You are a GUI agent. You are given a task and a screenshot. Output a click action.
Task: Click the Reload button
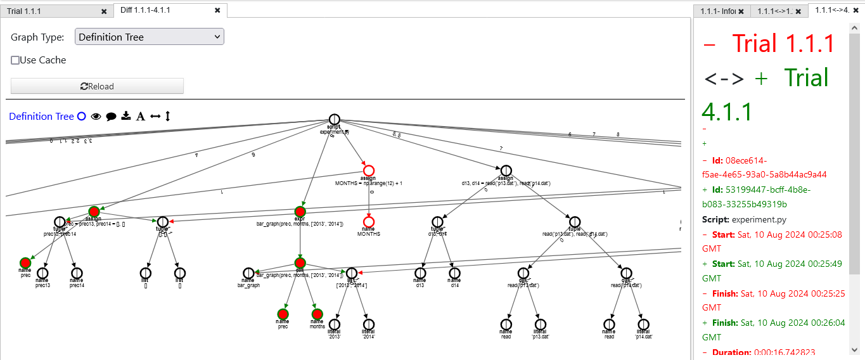click(x=97, y=86)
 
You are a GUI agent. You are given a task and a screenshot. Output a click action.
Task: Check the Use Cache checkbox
click(x=15, y=60)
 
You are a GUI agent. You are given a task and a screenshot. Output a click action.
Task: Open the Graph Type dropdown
click(x=150, y=37)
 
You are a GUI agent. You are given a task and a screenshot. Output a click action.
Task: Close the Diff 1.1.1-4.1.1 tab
click(x=217, y=10)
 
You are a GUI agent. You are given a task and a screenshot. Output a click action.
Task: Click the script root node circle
click(x=335, y=120)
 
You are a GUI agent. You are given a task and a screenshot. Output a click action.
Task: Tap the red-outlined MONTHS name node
click(x=369, y=222)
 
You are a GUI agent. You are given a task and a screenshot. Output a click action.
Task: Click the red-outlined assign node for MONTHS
click(x=369, y=170)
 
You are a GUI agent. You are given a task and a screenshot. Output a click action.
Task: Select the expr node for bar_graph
click(x=300, y=211)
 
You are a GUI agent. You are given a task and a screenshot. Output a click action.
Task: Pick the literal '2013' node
click(x=335, y=324)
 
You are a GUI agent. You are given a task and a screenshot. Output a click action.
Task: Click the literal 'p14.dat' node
click(x=643, y=324)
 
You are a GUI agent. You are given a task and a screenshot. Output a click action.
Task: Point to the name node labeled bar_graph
click(x=248, y=273)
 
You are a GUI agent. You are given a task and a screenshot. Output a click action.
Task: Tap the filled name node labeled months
click(x=317, y=314)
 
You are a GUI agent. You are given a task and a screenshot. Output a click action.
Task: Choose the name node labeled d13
click(x=420, y=273)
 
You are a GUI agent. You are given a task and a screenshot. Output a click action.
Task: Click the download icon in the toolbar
click(x=126, y=116)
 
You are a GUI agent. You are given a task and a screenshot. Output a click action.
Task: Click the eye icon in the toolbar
click(x=96, y=116)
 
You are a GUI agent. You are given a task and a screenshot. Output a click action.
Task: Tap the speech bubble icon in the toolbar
click(x=111, y=116)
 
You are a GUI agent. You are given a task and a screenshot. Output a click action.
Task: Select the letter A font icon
click(x=141, y=116)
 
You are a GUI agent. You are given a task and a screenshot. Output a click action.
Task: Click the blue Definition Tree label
click(x=41, y=116)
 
